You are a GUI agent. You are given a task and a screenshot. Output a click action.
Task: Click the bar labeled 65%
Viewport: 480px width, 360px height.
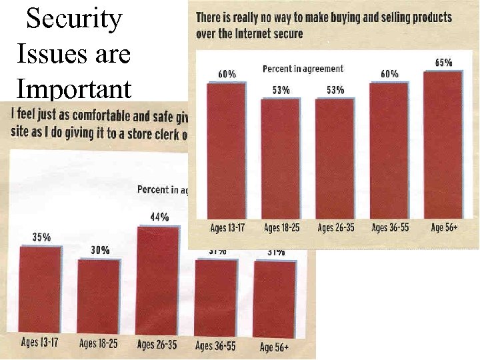click(443, 143)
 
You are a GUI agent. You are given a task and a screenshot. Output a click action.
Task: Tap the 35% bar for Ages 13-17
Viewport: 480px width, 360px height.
click(41, 290)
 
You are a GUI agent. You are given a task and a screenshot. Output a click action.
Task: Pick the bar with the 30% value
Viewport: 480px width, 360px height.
click(98, 297)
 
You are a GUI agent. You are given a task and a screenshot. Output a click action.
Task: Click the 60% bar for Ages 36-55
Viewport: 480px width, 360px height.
click(389, 150)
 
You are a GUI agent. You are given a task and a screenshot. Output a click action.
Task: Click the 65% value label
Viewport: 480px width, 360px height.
click(443, 63)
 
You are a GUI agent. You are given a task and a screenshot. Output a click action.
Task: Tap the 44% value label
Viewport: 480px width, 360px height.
click(159, 217)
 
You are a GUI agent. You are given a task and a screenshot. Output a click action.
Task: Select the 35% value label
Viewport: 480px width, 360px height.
click(42, 237)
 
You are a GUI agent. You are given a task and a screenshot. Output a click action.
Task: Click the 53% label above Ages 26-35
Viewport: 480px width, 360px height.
click(334, 90)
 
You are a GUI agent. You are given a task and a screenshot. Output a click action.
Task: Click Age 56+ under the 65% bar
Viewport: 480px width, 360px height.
click(444, 228)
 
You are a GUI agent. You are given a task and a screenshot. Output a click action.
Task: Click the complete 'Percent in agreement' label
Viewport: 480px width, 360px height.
click(303, 69)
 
